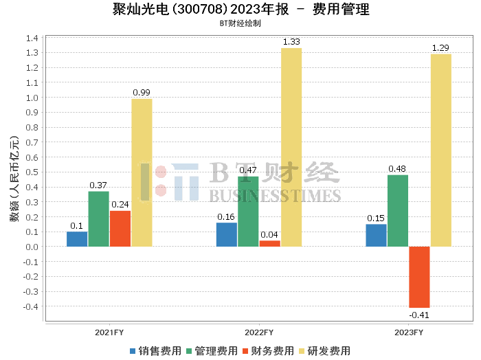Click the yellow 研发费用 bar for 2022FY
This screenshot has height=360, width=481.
(x=291, y=147)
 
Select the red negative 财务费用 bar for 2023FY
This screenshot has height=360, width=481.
(x=419, y=277)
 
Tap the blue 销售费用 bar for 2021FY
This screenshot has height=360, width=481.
(x=77, y=239)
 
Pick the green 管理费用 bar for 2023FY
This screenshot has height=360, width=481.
(x=398, y=211)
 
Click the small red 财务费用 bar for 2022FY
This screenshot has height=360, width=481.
(x=270, y=243)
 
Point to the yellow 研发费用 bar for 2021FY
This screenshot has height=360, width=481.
(x=142, y=172)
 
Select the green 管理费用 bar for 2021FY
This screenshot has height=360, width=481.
(x=98, y=218)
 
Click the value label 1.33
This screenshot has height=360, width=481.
(x=291, y=42)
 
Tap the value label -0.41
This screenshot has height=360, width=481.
(x=418, y=315)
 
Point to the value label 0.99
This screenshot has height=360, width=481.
(x=142, y=93)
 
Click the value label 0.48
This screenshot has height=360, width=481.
(x=397, y=169)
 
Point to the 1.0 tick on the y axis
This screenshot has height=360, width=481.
(x=31, y=98)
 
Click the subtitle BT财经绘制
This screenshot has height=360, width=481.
(x=240, y=23)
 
